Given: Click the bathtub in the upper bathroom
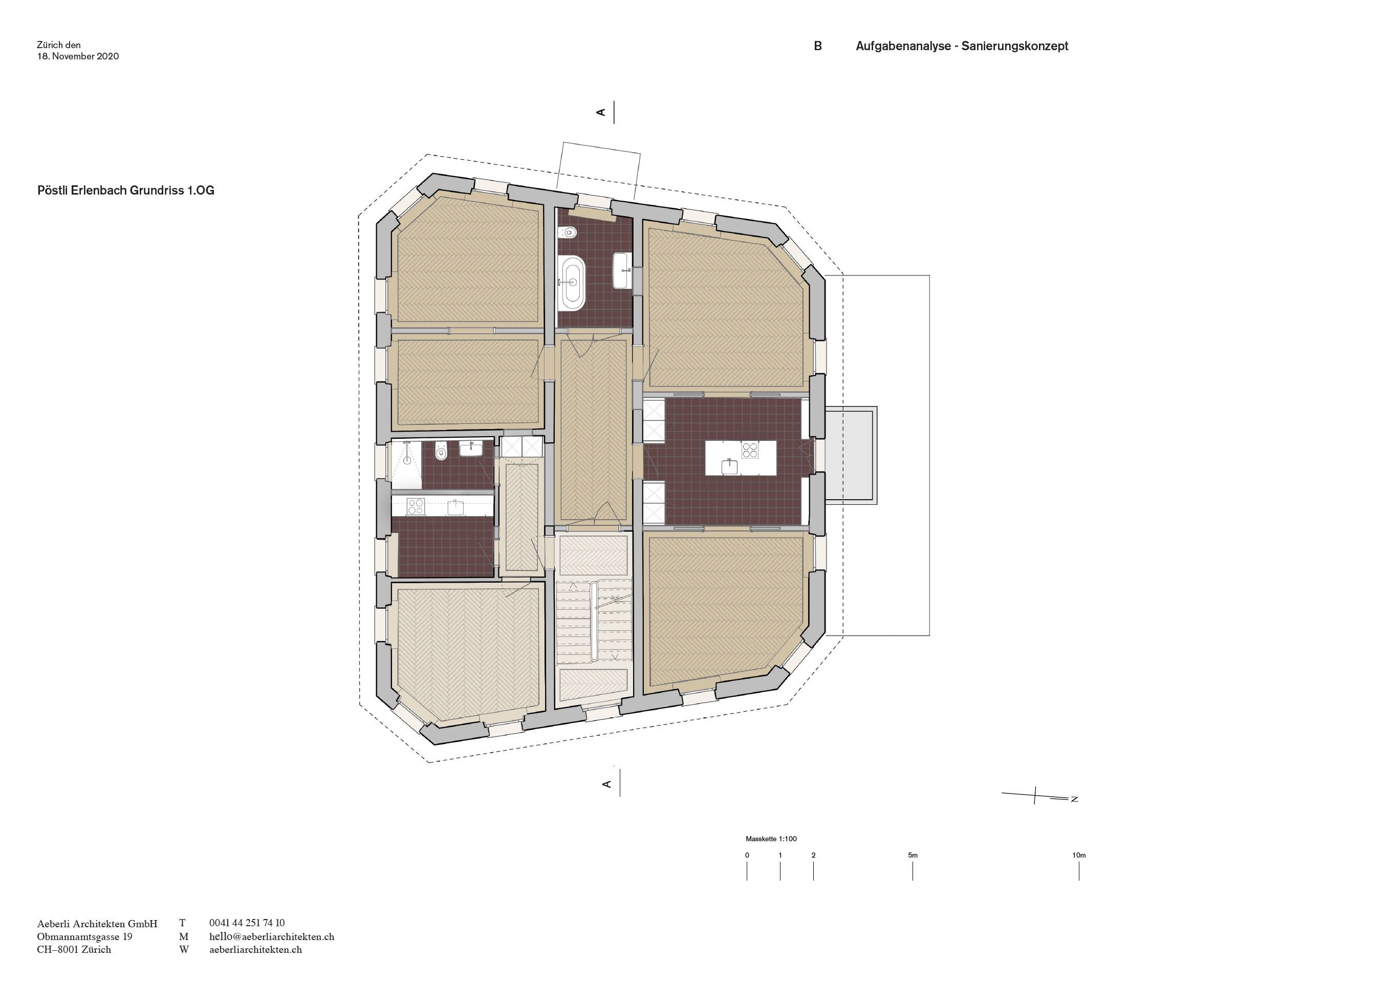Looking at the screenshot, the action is pyautogui.click(x=572, y=283).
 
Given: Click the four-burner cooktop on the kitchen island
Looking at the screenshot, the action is pyautogui.click(x=750, y=450).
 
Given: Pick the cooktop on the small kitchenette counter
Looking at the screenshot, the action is pyautogui.click(x=416, y=506).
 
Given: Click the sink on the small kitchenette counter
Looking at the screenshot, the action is pyautogui.click(x=455, y=507).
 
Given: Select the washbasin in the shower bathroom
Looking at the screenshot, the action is pyautogui.click(x=471, y=449).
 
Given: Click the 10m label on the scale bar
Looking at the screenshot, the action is pyautogui.click(x=1079, y=855).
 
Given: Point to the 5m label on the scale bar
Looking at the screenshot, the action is pyautogui.click(x=913, y=855).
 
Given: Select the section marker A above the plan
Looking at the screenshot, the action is pyautogui.click(x=601, y=112).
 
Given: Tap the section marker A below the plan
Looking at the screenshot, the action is pyautogui.click(x=607, y=784).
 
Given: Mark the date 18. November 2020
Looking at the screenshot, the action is pyautogui.click(x=78, y=56).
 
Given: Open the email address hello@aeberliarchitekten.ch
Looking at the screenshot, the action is pyautogui.click(x=272, y=937).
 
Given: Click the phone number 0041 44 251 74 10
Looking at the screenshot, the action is pyautogui.click(x=247, y=923).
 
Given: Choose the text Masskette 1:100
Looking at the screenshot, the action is pyautogui.click(x=771, y=839).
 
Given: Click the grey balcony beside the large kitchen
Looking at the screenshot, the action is pyautogui.click(x=851, y=455).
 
